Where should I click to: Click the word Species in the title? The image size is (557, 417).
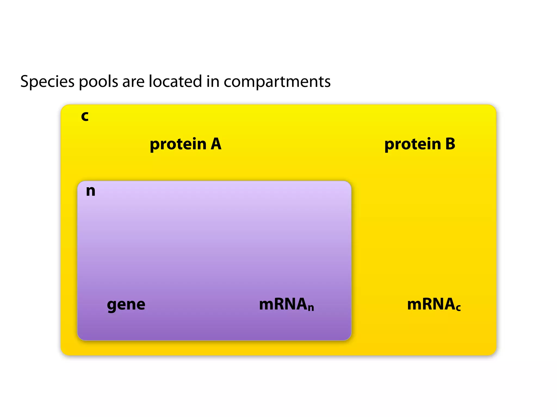tap(47, 81)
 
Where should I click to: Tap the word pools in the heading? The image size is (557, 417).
tap(98, 81)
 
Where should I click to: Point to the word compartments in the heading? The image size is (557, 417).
tap(277, 81)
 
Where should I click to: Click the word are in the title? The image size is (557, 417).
tap(133, 81)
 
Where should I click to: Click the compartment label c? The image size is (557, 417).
tap(85, 116)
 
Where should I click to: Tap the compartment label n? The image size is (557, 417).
tap(91, 191)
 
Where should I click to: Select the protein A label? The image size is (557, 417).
tap(185, 144)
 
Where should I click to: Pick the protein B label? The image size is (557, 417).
tap(420, 144)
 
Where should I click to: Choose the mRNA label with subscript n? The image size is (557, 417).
tap(286, 304)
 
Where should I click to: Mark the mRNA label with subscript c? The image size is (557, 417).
tap(434, 304)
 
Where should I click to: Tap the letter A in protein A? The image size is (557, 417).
tap(216, 144)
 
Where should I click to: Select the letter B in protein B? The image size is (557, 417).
tap(450, 144)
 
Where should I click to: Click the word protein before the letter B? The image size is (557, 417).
tap(413, 144)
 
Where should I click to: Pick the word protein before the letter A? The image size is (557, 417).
tap(178, 144)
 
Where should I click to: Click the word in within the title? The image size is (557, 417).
tap(213, 81)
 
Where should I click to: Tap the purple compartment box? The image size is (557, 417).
tap(214, 244)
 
